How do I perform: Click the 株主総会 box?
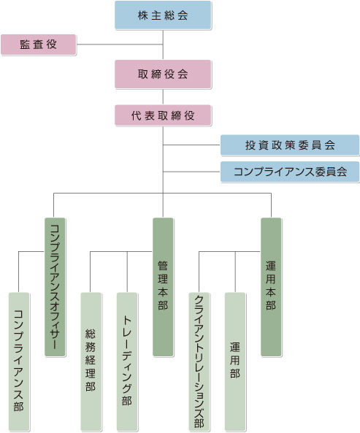pos(163,15)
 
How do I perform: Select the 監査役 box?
pos(39,45)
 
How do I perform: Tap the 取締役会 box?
pos(163,74)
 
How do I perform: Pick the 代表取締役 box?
pos(163,115)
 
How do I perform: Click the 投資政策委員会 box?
pos(290,145)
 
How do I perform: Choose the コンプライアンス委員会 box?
pos(290,172)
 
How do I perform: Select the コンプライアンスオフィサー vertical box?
pos(55,287)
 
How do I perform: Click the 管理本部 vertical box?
pos(163,287)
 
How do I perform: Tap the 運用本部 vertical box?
pos(271,287)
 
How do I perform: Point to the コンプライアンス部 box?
pos(19,361)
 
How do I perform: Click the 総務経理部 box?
pos(91,361)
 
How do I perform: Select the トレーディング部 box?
pos(127,361)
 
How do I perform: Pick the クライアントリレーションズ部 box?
pos(199,361)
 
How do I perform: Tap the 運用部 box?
pos(235,361)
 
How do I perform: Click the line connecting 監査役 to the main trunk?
pos(120,45)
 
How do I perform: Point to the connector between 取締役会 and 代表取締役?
pos(163,96)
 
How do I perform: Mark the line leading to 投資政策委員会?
pos(191,145)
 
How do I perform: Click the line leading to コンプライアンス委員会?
pos(191,172)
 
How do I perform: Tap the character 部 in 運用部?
pos(235,373)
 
